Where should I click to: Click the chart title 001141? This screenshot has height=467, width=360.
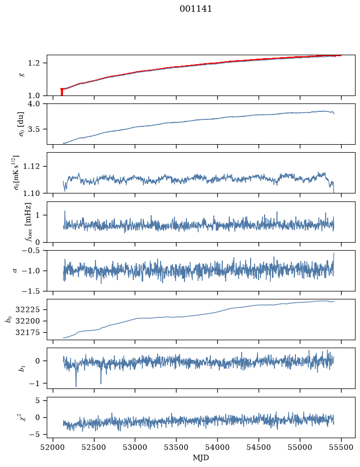point(195,9)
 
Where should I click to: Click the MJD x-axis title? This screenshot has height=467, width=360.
point(201,458)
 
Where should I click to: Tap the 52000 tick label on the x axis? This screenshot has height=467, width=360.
point(53,447)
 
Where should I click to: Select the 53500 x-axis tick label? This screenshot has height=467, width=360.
point(177,447)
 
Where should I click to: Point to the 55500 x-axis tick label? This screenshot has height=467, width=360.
point(341,447)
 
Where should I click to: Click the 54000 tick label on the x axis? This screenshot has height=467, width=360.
point(217,447)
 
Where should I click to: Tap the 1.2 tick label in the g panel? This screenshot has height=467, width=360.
point(33,63)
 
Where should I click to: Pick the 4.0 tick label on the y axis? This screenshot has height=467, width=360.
point(33,104)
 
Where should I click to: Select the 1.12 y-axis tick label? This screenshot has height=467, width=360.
point(31,166)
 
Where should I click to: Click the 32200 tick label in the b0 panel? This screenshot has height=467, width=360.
point(27,321)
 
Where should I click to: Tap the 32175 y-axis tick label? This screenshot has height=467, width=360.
point(27,332)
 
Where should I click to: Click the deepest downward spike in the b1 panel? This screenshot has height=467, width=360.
point(76,386)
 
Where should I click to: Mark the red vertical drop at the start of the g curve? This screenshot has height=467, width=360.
point(62,92)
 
